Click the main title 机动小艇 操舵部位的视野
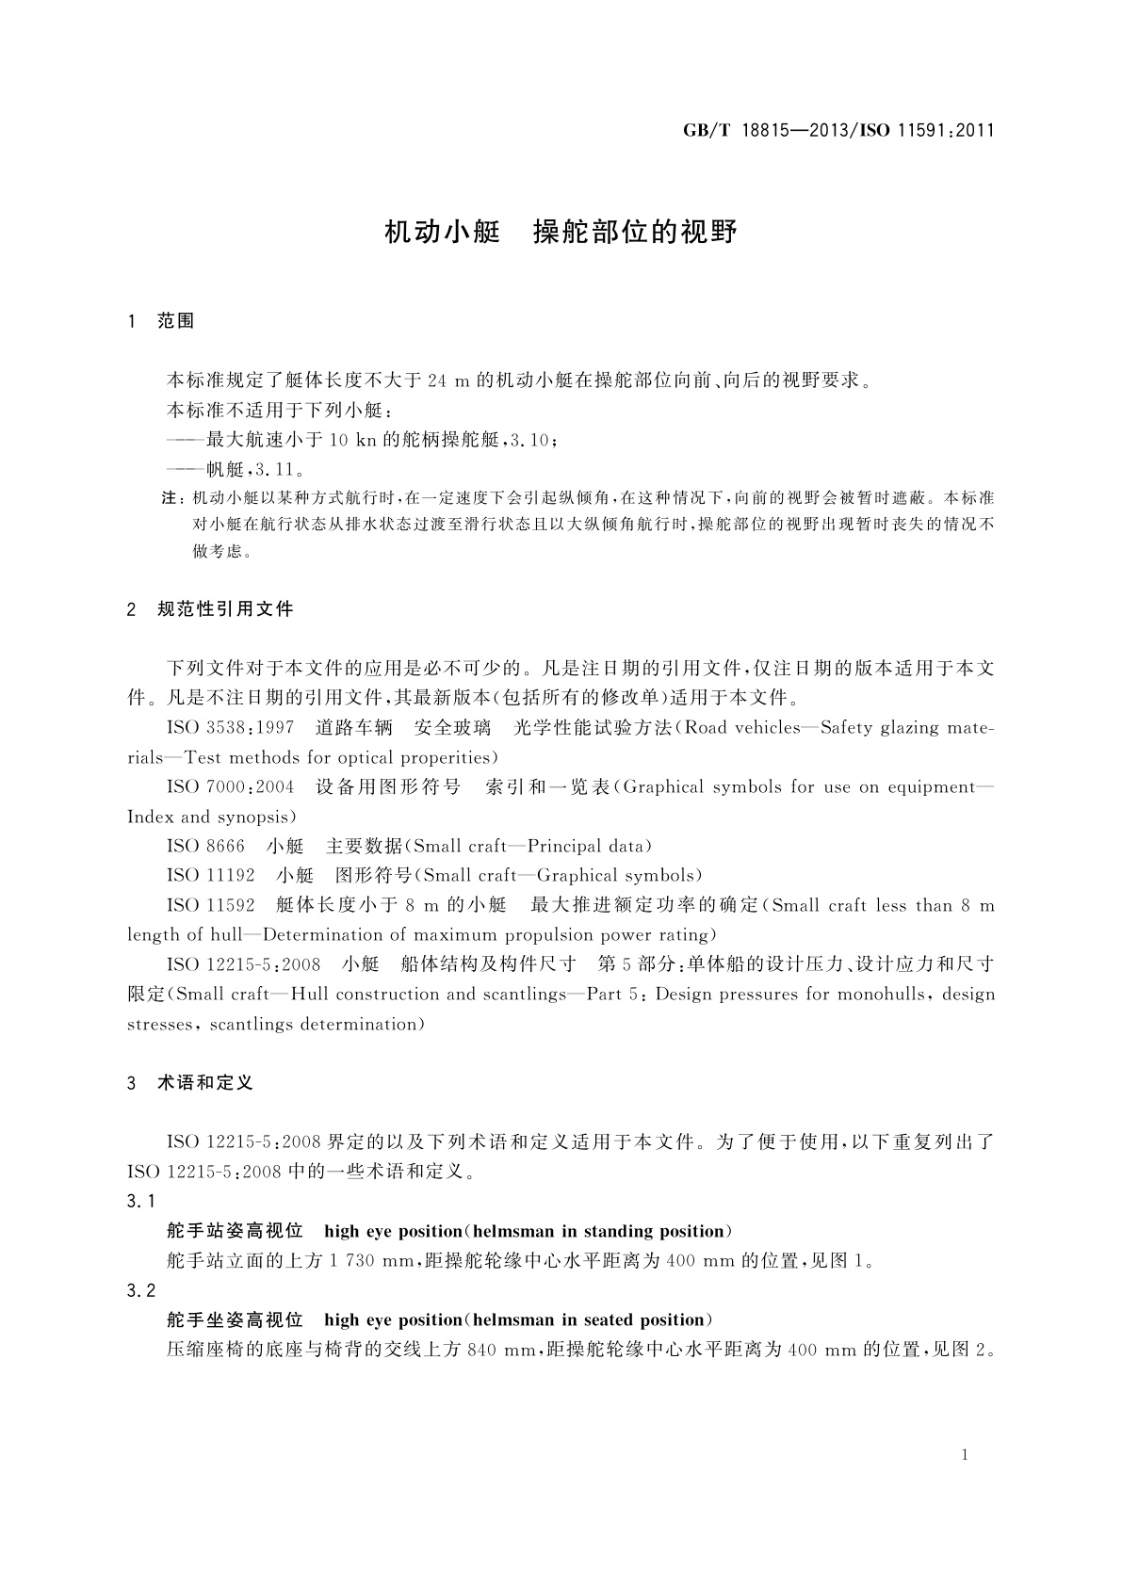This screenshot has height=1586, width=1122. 561,232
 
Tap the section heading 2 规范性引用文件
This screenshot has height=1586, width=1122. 210,609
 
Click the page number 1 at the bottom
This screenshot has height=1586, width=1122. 966,1455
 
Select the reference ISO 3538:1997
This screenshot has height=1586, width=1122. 230,728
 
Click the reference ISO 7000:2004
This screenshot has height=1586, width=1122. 230,787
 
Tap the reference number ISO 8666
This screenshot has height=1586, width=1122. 205,847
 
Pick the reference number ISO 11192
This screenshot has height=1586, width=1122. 210,876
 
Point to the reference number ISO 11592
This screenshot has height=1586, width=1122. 210,906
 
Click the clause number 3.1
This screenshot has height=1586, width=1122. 140,1202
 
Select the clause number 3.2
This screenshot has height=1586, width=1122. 140,1290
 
